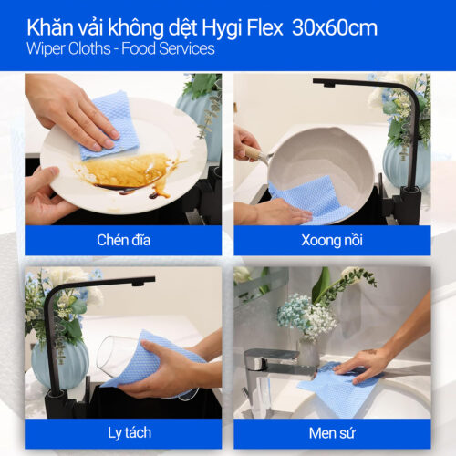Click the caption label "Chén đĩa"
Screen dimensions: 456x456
pyautogui.click(x=122, y=241)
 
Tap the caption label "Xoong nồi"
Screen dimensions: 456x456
pyautogui.click(x=332, y=241)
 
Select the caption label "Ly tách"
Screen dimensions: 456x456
pyautogui.click(x=122, y=432)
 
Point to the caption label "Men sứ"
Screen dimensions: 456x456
pyautogui.click(x=332, y=432)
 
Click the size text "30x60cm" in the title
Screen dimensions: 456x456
pyautogui.click(x=335, y=27)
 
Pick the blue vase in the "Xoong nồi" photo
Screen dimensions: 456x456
pyautogui.click(x=405, y=164)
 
